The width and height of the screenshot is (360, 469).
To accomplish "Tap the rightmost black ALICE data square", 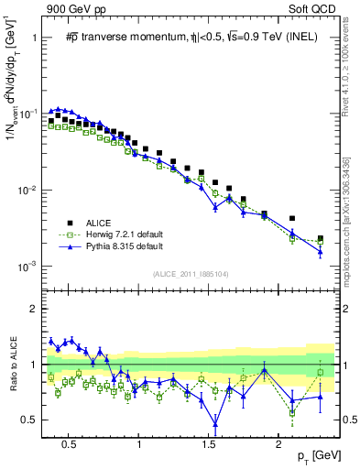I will coord(320,238).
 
